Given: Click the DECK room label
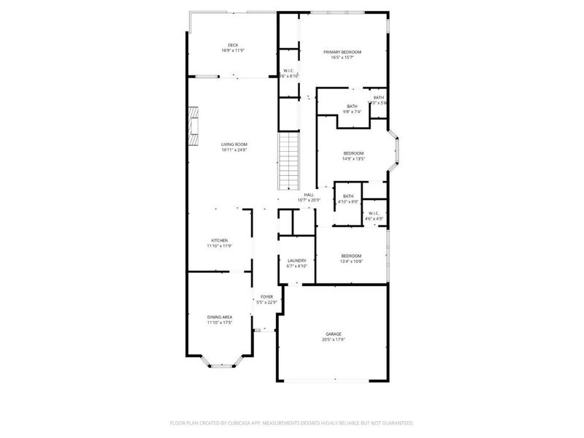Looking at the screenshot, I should pos(233,45).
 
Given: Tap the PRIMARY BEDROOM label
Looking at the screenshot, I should pos(342,53).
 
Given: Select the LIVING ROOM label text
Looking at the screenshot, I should pos(234,145).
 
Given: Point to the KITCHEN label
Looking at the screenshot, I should pos(220,240).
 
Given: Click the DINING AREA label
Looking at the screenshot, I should pos(220,317).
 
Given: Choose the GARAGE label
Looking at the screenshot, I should pos(333,334).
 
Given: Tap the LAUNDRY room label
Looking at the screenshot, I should pos(296,261).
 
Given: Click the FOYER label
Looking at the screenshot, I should pos(267,297).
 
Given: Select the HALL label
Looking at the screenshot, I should pos(309,194).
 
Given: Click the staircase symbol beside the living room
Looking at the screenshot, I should pos(291,158).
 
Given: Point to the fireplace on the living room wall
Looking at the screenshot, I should pos(193,126).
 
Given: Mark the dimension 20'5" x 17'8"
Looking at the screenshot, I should pos(333,339).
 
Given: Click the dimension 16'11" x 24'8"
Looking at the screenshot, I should pos(234,150).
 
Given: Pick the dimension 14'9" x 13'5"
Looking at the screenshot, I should pos(353,158).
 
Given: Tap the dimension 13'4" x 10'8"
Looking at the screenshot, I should pos(351,261).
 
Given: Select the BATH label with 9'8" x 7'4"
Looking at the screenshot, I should pos(353,107).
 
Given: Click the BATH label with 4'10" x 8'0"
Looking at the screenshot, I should pos(348,196).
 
